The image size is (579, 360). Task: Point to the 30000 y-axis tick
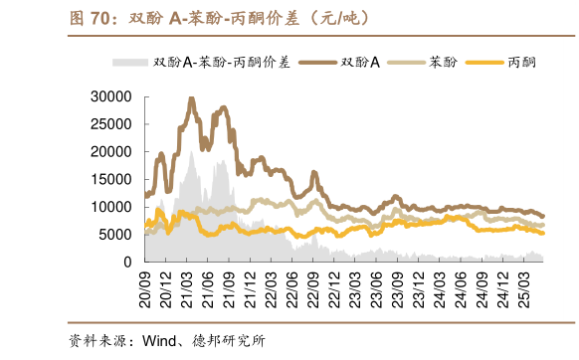point(111,96)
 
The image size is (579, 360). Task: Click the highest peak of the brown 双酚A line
point(192,98)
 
